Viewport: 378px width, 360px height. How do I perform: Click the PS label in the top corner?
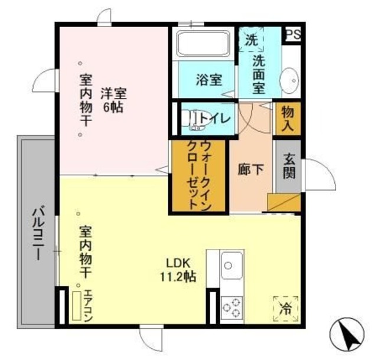point(292,35)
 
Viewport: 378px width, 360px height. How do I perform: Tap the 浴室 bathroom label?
point(209,80)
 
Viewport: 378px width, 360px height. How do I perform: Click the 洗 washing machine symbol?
point(251,41)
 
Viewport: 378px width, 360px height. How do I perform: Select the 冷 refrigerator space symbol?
point(285,307)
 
